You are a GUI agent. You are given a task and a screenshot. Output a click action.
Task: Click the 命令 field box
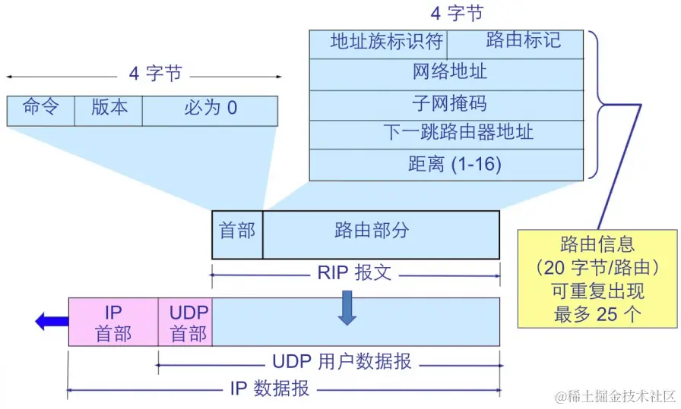(x=40, y=110)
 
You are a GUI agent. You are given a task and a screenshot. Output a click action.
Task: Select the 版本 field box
(x=109, y=110)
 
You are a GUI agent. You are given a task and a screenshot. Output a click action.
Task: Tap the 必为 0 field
(x=210, y=110)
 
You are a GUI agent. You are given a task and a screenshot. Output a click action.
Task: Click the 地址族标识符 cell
(x=378, y=43)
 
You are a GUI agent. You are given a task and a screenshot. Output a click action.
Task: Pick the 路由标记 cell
(x=515, y=43)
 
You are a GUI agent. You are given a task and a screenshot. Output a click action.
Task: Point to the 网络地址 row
(x=446, y=74)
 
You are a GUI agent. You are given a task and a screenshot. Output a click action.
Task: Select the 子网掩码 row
(x=446, y=104)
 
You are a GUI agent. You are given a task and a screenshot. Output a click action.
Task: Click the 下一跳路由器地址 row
(x=446, y=134)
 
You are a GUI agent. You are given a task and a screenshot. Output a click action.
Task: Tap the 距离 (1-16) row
(x=446, y=165)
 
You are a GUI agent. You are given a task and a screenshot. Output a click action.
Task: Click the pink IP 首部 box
(x=113, y=322)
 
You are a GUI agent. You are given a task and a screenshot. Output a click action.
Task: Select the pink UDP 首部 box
(x=185, y=322)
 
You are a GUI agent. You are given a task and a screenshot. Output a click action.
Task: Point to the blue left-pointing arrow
(x=51, y=322)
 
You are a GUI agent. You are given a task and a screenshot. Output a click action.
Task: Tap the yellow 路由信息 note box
(x=597, y=278)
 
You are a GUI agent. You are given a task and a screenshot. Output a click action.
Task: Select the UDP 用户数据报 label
(x=342, y=362)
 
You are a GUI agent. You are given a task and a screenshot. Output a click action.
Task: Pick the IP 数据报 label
(x=270, y=389)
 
